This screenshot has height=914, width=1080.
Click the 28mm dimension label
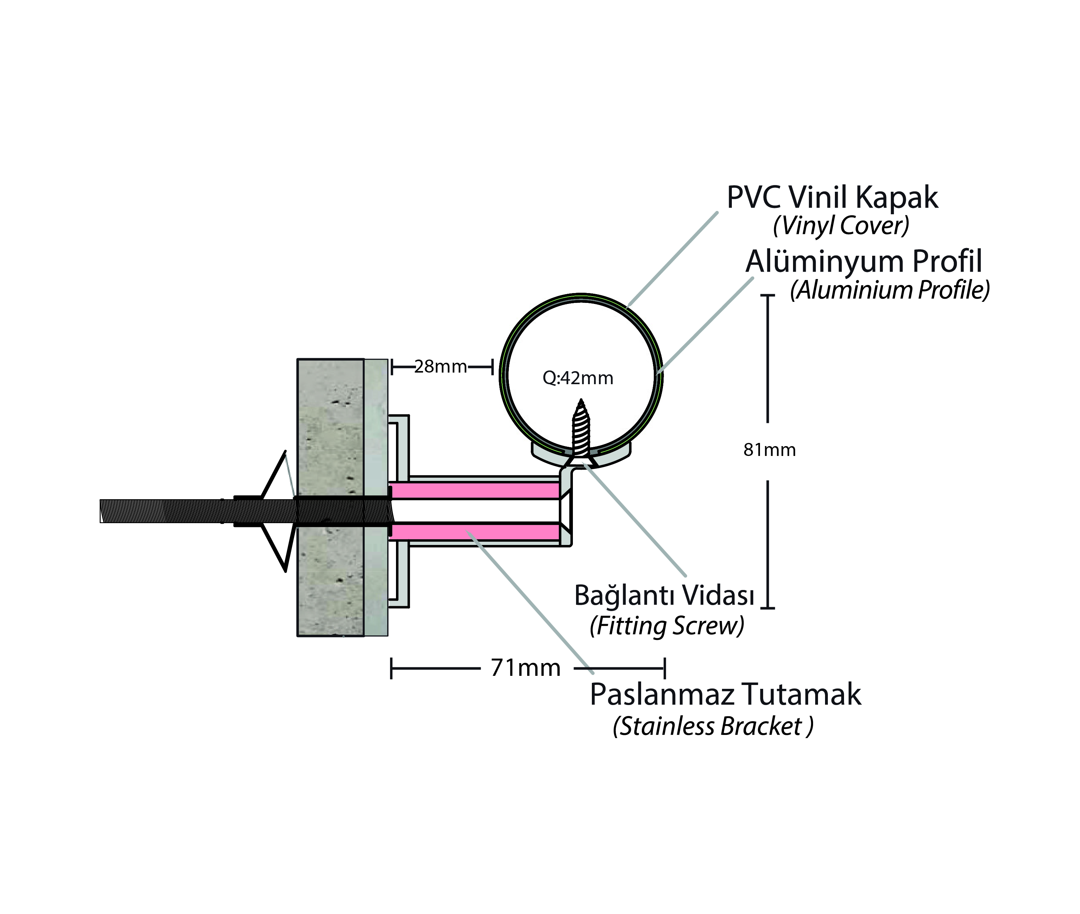(441, 367)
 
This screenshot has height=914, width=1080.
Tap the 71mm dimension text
(526, 668)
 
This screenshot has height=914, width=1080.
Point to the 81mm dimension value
(769, 450)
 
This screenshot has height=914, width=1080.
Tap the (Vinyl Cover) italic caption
(841, 226)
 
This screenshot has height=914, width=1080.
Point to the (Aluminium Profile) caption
(889, 290)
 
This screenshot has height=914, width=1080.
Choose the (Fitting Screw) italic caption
(667, 626)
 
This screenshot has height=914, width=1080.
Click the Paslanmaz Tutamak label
(725, 694)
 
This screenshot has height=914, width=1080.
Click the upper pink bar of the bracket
(474, 490)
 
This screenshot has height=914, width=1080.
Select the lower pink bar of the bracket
(474, 532)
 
